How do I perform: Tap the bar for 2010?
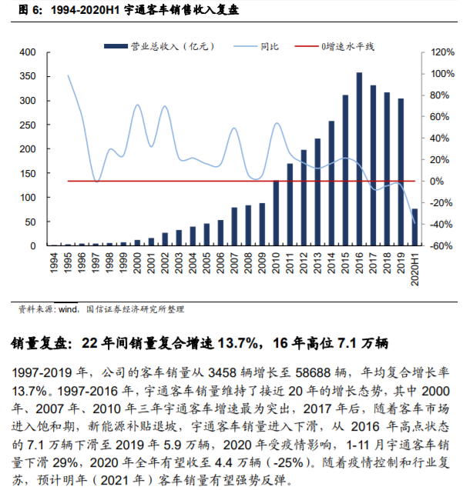277,213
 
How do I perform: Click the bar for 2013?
317,192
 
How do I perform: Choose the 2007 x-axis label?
234,265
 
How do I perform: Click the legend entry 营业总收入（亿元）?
153,47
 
